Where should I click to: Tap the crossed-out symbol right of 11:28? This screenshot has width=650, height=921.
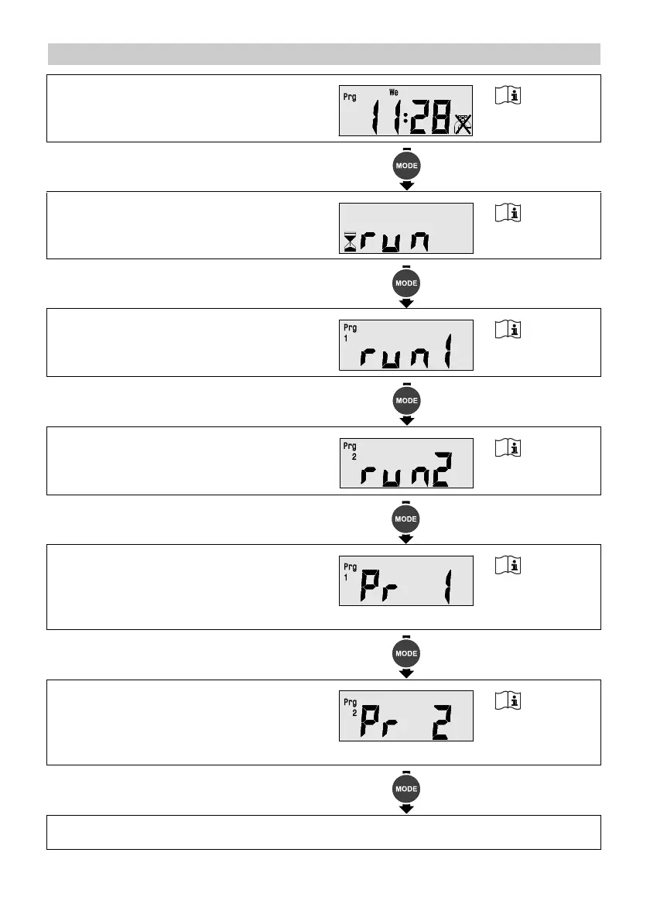tap(463, 124)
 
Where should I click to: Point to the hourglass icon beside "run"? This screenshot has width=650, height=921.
tap(351, 242)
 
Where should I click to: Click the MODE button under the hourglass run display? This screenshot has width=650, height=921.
tap(407, 283)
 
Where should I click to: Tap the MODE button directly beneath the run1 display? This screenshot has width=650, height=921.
tap(407, 401)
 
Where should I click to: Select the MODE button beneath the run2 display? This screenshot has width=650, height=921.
tap(407, 519)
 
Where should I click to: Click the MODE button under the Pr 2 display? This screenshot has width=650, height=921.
tap(407, 789)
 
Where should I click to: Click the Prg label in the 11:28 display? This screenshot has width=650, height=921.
tap(350, 98)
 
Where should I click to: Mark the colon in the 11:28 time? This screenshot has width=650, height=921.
tap(404, 120)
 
